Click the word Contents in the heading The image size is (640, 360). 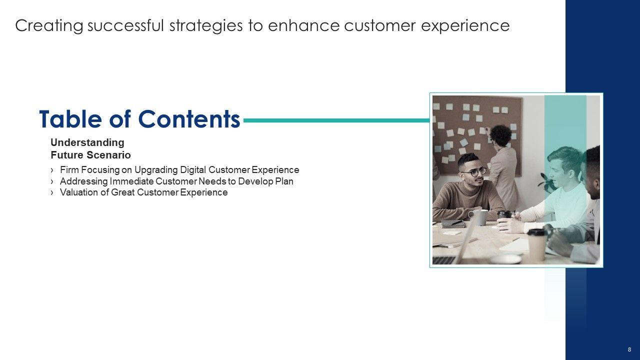(189, 119)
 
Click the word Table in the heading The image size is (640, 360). (70, 119)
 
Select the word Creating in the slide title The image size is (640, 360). (49, 25)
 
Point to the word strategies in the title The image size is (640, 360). (206, 25)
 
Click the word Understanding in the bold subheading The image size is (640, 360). (87, 142)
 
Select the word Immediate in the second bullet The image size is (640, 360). (131, 181)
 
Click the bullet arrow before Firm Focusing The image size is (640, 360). (51, 170)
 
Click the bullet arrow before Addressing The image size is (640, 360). (51, 181)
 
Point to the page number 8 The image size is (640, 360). (629, 349)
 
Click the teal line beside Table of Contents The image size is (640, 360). (336, 120)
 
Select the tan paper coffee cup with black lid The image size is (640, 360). (536, 244)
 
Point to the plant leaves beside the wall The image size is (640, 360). (546, 183)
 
